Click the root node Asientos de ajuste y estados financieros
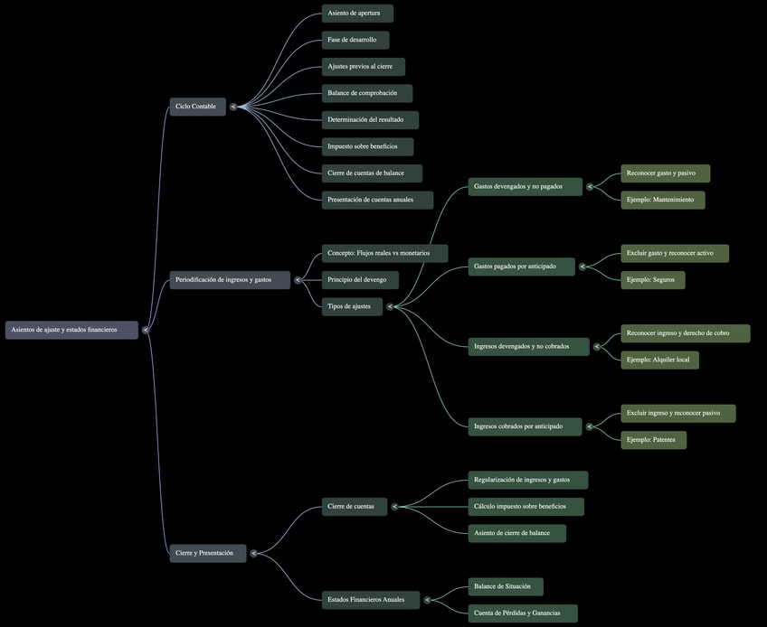71,330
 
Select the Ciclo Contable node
197,107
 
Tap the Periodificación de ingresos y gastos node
230,280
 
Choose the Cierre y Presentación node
207,553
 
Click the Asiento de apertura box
357,14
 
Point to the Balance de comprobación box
366,93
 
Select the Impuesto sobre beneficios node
367,146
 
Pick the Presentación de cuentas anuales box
377,200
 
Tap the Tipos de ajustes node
352,306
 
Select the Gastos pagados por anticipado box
521,267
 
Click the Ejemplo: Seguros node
653,280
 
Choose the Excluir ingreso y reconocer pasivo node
677,413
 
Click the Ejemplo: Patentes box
653,440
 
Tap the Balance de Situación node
506,586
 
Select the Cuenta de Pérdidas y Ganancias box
523,613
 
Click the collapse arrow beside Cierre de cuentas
394,506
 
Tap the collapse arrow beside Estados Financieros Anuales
426,600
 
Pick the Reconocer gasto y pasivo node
665,173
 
